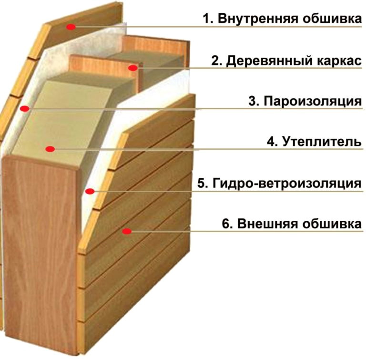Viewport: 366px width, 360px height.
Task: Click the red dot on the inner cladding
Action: (x=71, y=27)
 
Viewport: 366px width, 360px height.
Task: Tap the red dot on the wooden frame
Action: (x=133, y=68)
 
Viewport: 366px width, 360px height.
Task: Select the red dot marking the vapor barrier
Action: (x=24, y=109)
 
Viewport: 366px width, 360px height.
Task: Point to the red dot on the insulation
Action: (x=50, y=149)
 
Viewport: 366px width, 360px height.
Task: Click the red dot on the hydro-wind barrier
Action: (x=90, y=191)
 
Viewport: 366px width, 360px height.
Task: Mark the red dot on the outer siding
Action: (x=127, y=231)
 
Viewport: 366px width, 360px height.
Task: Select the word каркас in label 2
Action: (x=339, y=61)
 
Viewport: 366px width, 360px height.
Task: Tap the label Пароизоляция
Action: (x=313, y=102)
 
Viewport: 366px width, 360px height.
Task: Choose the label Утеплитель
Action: (x=322, y=142)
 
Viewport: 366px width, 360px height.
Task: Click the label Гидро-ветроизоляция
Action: (x=287, y=183)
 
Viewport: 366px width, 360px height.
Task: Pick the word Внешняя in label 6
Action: (x=268, y=224)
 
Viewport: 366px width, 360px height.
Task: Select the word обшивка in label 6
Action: (x=332, y=224)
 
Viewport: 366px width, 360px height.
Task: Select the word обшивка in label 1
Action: (x=332, y=19)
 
